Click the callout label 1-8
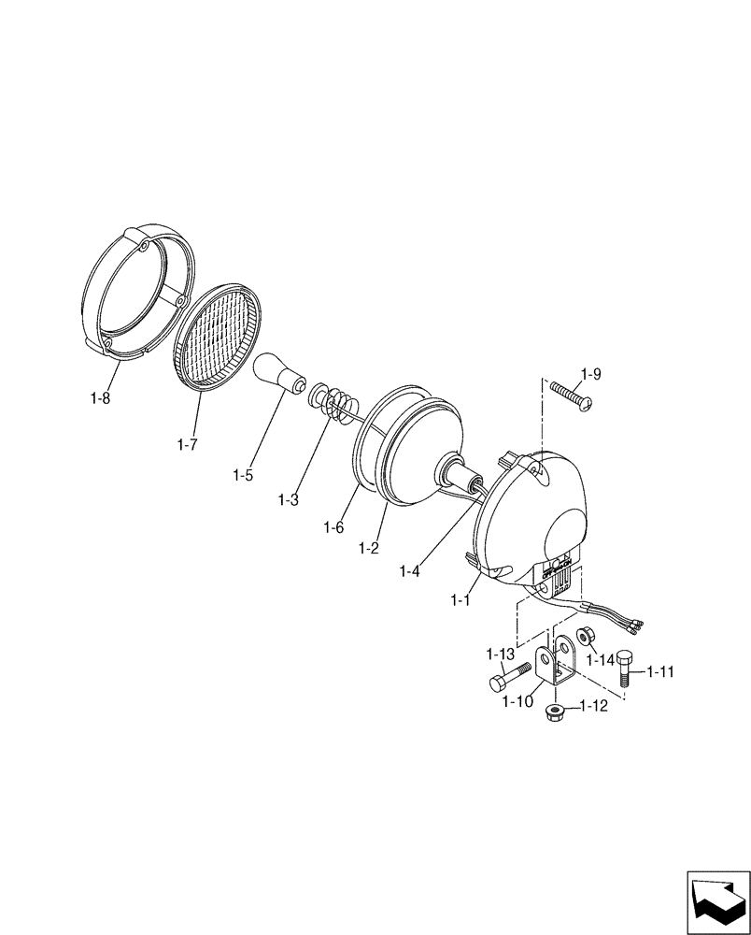(x=101, y=399)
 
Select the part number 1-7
(x=187, y=444)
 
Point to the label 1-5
(x=243, y=474)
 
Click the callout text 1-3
(x=288, y=499)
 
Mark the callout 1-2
(x=368, y=547)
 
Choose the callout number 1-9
(x=589, y=374)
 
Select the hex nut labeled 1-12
(x=554, y=715)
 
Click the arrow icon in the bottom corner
(x=718, y=901)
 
